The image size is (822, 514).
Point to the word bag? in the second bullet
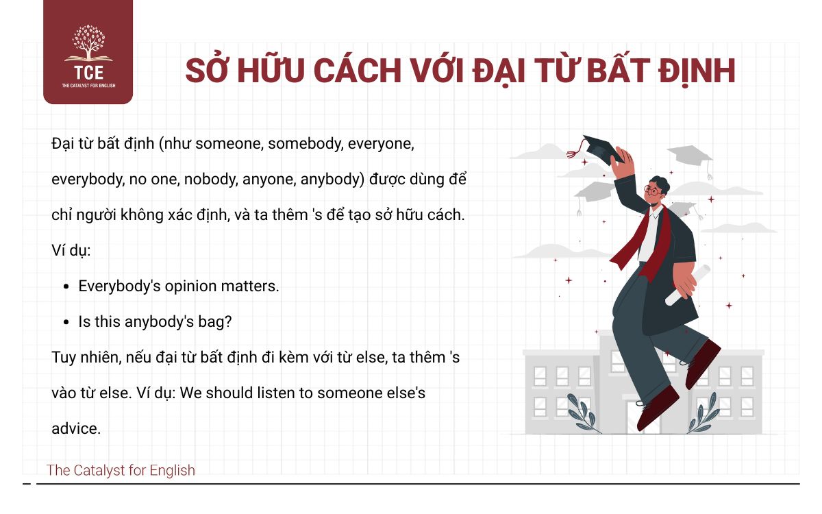click(217, 321)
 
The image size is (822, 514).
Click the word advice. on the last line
click(76, 428)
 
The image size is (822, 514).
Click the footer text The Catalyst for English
click(121, 470)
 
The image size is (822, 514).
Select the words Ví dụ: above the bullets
click(71, 250)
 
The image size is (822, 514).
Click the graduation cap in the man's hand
click(603, 149)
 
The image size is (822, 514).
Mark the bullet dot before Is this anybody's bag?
click(66, 322)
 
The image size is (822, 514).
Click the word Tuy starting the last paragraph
click(63, 357)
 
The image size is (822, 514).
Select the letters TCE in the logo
click(88, 71)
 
